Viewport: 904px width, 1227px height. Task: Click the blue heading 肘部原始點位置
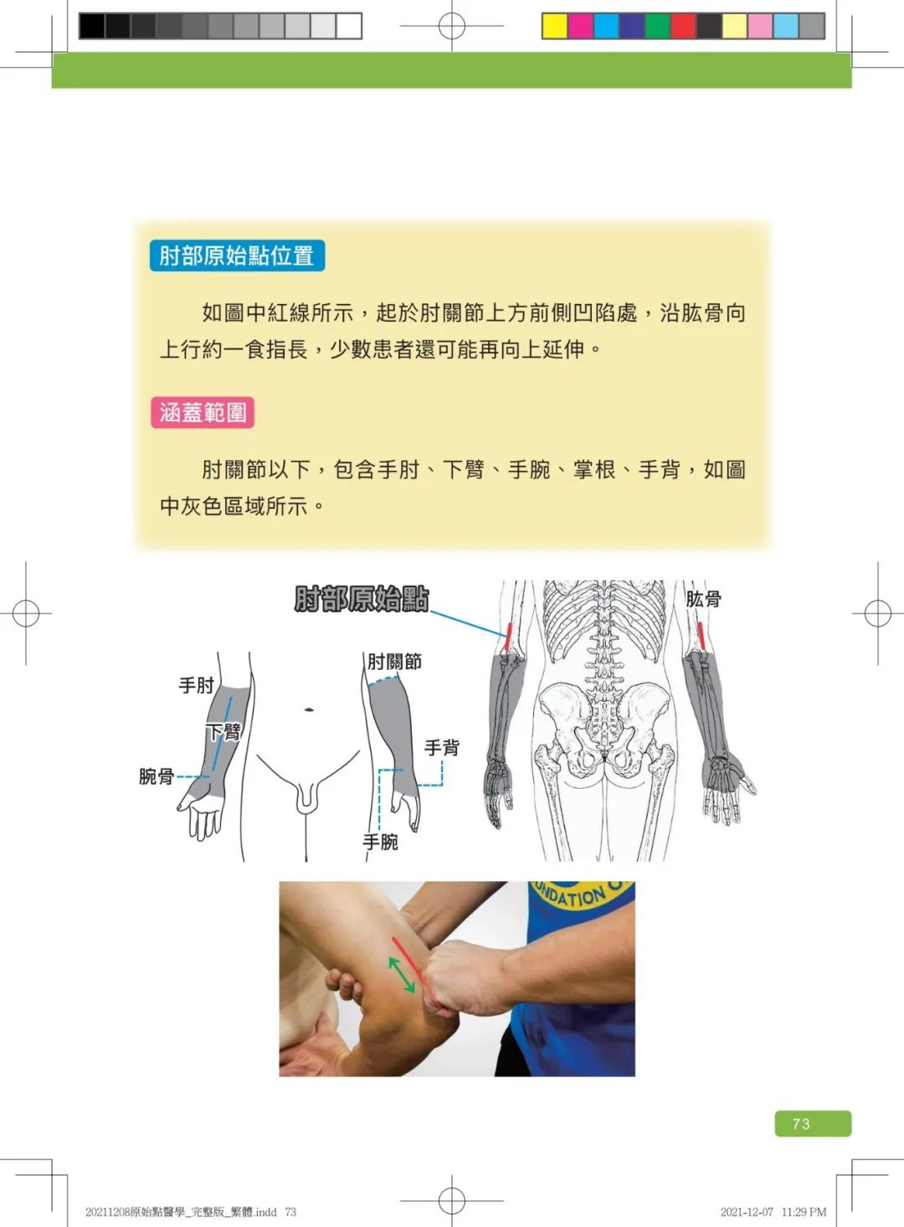(237, 255)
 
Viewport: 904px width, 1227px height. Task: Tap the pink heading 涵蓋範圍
(203, 412)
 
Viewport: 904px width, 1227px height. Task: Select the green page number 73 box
(813, 1123)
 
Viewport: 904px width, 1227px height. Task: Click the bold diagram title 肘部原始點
(362, 599)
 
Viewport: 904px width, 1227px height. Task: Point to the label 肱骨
(704, 599)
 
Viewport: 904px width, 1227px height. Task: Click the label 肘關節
(394, 662)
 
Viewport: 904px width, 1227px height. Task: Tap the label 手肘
(196, 685)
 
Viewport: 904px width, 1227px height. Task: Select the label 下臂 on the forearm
(223, 731)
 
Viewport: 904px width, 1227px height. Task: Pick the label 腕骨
(157, 776)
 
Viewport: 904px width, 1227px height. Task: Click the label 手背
(442, 748)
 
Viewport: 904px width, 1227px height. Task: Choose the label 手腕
(380, 842)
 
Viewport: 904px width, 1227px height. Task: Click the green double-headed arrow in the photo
(401, 974)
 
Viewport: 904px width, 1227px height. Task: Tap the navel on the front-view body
(309, 710)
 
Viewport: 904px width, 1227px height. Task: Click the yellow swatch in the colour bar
(554, 26)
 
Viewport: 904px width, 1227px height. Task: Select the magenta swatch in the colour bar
(580, 26)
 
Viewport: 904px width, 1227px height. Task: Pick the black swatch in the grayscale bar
(92, 26)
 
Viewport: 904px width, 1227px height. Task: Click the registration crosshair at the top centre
(452, 26)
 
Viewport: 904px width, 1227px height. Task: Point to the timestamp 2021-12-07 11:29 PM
(773, 1212)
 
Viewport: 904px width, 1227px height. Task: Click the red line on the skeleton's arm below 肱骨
(701, 636)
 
